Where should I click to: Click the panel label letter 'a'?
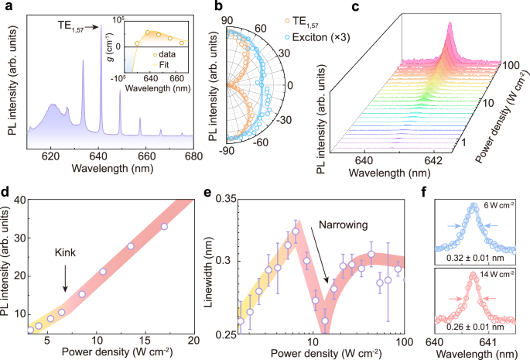click(x=6, y=7)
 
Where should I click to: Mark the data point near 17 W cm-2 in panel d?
click(x=163, y=227)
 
